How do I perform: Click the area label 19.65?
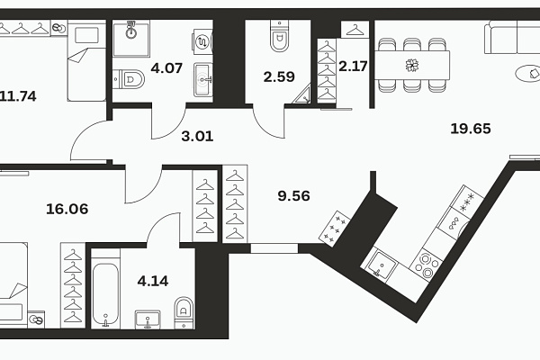coord(471,129)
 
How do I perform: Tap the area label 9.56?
coord(293,196)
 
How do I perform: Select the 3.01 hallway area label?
coord(197,137)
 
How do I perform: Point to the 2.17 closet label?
coord(353,66)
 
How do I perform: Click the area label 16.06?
coord(67,209)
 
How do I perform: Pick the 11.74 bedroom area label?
coord(18,96)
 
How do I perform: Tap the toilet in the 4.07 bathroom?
coord(129,79)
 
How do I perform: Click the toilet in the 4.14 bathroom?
coord(184,313)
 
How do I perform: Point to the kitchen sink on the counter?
coord(380,265)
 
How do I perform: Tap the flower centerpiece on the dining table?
coord(412,65)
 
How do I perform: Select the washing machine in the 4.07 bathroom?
coord(202,41)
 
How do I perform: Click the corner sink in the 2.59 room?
coord(301,95)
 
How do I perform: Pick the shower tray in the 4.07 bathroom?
coord(131,38)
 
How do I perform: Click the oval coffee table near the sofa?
coord(527,74)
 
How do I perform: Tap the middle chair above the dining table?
coord(412,44)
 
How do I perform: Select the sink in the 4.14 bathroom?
coord(148,319)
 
